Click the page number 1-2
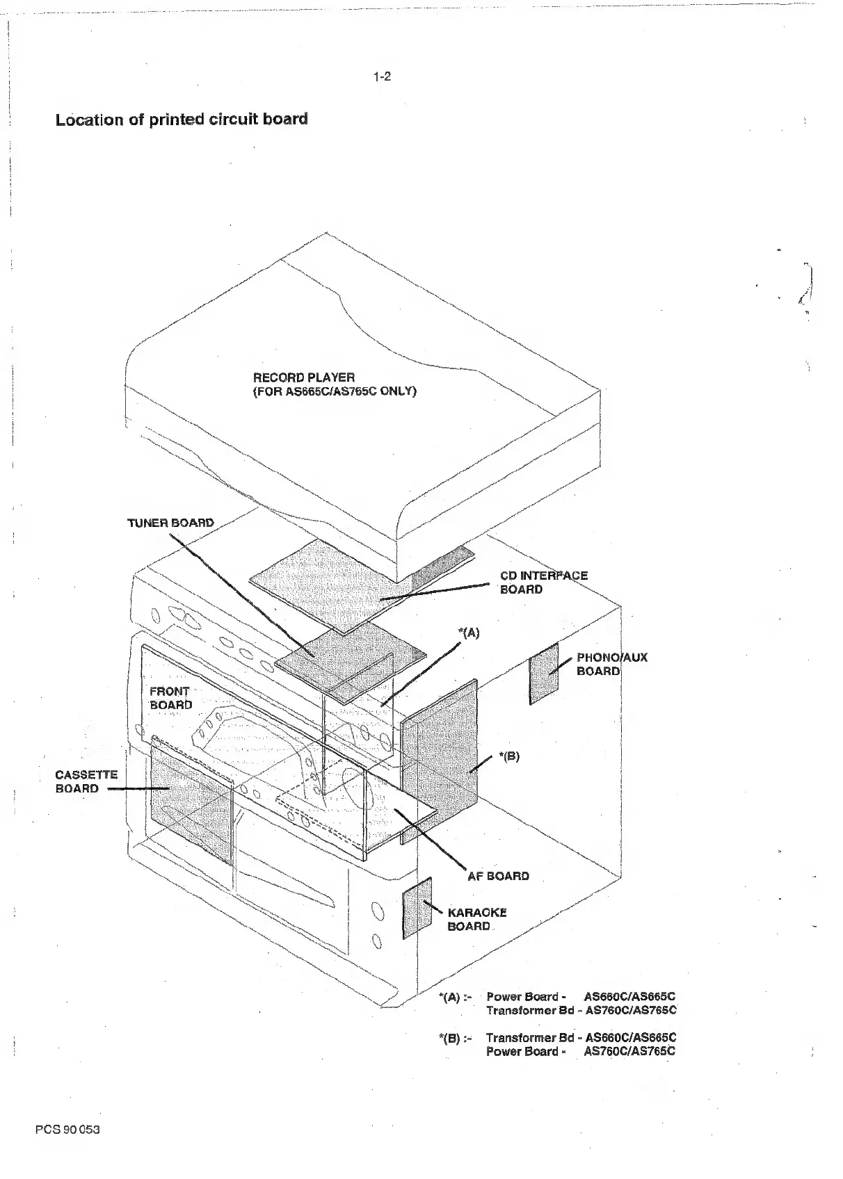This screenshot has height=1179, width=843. click(x=382, y=76)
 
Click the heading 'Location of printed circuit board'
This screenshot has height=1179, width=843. click(x=182, y=119)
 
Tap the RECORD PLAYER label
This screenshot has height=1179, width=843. click(x=304, y=377)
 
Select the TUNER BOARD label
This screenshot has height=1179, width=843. click(x=170, y=523)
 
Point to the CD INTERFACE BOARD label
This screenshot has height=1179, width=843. click(x=543, y=583)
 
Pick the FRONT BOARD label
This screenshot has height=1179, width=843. click(x=170, y=698)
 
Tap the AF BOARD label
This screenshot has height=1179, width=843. click(x=498, y=876)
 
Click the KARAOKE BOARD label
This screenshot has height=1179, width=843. click(x=476, y=919)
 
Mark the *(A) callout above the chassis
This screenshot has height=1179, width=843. click(x=469, y=633)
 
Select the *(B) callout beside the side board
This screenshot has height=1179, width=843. click(x=508, y=756)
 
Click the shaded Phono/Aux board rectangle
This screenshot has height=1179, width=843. click(x=544, y=673)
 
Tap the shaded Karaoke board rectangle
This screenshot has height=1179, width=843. click(x=417, y=907)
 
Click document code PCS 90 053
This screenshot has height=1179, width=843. click(x=67, y=1130)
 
